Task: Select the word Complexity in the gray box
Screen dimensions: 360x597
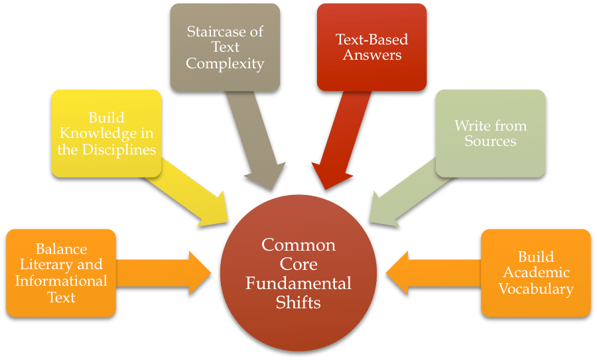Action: (225, 64)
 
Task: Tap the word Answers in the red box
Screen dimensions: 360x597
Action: (371, 55)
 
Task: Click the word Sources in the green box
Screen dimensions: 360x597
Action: (490, 141)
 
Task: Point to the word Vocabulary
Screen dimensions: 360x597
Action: (536, 288)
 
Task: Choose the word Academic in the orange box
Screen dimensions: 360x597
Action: (536, 272)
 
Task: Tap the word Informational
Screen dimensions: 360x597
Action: (61, 280)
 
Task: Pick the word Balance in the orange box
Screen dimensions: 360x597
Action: (61, 249)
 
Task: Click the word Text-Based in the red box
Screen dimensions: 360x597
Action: (371, 39)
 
